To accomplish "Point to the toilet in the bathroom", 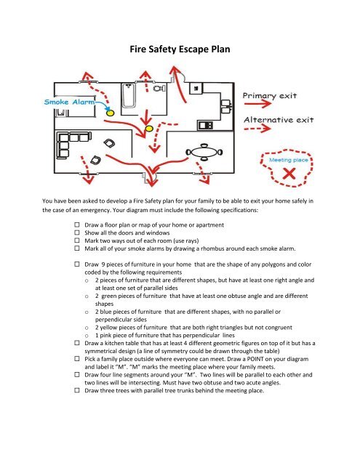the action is pyautogui.click(x=159, y=89).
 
